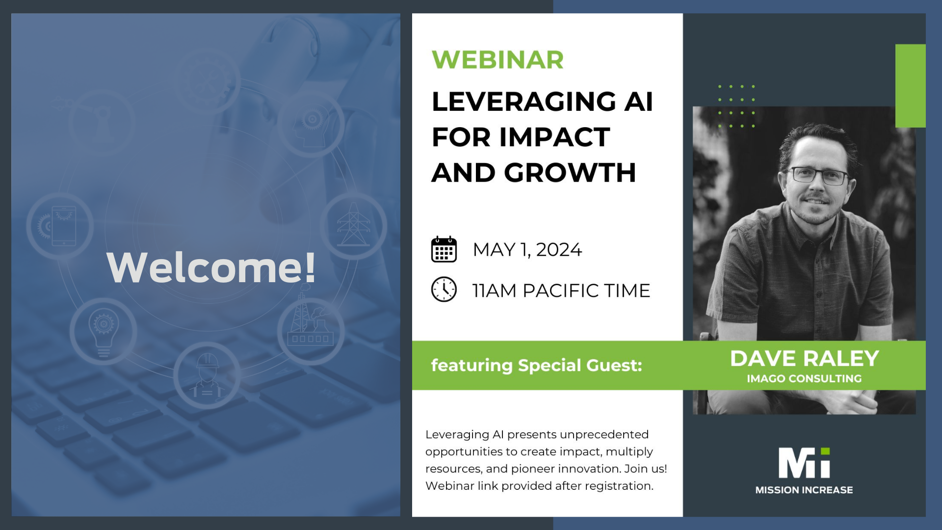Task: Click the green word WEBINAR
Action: [x=497, y=60]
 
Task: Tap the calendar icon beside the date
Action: [x=444, y=249]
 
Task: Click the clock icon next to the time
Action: [x=444, y=290]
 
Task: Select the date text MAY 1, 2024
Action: [x=527, y=250]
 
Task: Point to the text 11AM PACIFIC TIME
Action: [x=561, y=291]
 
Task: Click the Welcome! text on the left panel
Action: [x=211, y=267]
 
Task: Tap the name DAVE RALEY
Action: [x=804, y=358]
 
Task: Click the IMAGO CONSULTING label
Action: [x=804, y=379]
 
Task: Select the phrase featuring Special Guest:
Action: [x=536, y=365]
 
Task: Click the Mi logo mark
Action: [x=804, y=462]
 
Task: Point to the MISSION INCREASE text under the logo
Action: [x=804, y=490]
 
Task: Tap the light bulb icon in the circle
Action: [x=103, y=331]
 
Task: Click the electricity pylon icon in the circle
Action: [x=353, y=226]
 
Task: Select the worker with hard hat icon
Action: [x=207, y=375]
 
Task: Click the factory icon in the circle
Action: [x=311, y=326]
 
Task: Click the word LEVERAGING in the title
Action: [x=523, y=102]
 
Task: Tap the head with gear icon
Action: [x=311, y=123]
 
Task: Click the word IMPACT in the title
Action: [x=554, y=137]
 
